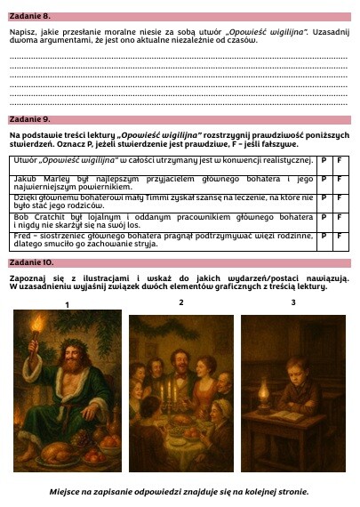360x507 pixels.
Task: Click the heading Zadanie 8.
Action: tap(30, 16)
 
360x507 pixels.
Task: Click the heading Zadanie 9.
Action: tap(30, 118)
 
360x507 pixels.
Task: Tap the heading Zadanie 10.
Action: tap(32, 263)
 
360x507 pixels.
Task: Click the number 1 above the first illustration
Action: tap(67, 305)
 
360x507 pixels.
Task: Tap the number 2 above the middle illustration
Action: tap(181, 302)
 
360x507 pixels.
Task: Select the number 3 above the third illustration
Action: tap(293, 302)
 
